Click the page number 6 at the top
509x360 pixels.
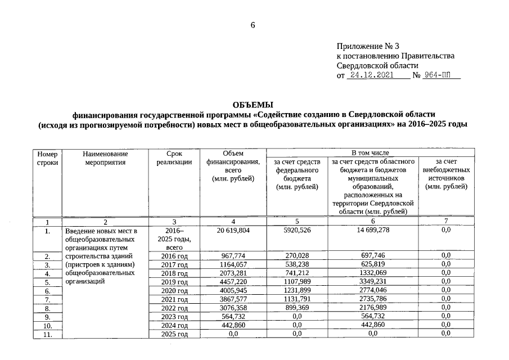coord(253,25)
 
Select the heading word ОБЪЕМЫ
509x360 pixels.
coord(253,105)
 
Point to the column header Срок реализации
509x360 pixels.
coord(174,158)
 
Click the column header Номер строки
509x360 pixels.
coord(47,158)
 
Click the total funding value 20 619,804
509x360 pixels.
coord(232,231)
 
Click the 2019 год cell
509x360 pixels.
coord(174,282)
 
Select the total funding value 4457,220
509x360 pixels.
coord(232,282)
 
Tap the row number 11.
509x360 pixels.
coord(47,334)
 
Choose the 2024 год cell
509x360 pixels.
coord(174,325)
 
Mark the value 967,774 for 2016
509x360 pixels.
coord(232,256)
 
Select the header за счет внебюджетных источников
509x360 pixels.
coord(446,174)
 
